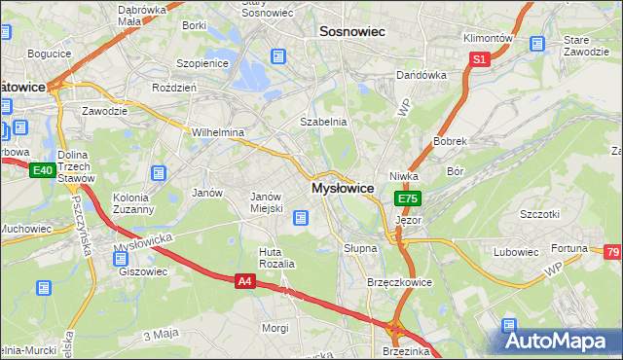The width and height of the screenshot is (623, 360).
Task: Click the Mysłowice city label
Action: [343, 187]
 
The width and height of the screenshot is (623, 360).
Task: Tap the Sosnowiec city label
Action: [352, 31]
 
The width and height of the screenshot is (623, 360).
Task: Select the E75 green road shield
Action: [408, 198]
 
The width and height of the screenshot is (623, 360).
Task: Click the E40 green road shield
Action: [42, 170]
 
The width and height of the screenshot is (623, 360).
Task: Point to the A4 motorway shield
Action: [246, 281]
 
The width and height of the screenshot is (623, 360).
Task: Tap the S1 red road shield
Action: [479, 59]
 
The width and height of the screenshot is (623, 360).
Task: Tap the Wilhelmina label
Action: [217, 132]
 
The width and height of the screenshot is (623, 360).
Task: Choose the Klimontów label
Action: [488, 37]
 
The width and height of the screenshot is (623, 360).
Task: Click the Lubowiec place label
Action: [515, 252]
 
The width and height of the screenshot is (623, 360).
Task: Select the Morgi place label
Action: [275, 328]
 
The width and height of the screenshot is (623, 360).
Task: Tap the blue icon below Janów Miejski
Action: [302, 218]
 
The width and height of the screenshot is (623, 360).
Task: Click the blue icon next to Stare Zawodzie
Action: [535, 44]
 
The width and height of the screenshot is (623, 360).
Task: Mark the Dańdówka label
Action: [420, 75]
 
